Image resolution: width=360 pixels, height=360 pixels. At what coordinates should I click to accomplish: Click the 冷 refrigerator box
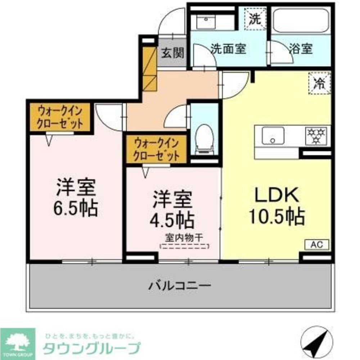[x=319, y=83]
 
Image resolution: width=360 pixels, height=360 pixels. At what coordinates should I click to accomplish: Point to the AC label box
[x=317, y=244]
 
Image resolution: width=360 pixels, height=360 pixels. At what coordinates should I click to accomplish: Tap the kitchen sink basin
[x=273, y=136]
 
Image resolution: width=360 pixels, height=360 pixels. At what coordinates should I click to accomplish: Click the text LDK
[x=276, y=196]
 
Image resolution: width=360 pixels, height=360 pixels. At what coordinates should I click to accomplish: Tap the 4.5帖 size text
[x=173, y=218]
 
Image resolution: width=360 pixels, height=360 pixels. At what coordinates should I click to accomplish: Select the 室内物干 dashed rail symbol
[x=185, y=247]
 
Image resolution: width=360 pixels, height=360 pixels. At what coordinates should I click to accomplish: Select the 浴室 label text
[x=301, y=49]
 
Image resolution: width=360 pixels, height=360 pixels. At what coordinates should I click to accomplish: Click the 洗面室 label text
[x=228, y=49]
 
